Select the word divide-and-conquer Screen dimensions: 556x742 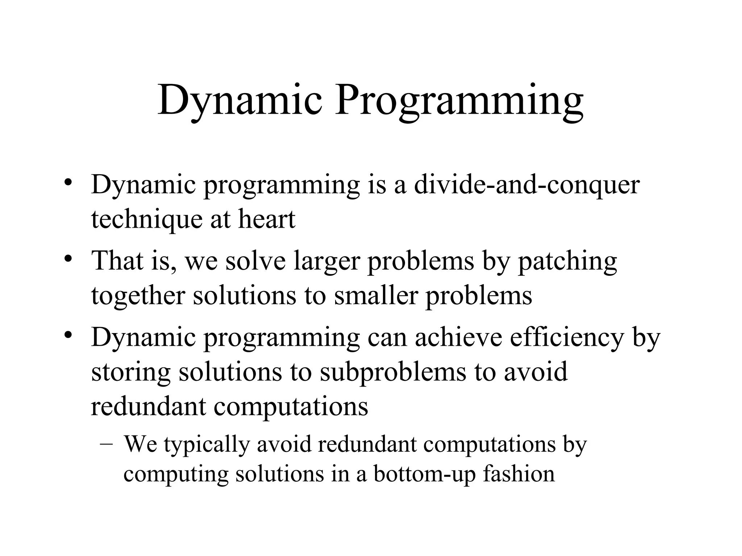(527, 185)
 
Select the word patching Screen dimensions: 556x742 (567, 261)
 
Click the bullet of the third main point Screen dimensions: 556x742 (68, 335)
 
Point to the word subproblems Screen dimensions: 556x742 (393, 372)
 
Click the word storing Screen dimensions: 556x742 (131, 372)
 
